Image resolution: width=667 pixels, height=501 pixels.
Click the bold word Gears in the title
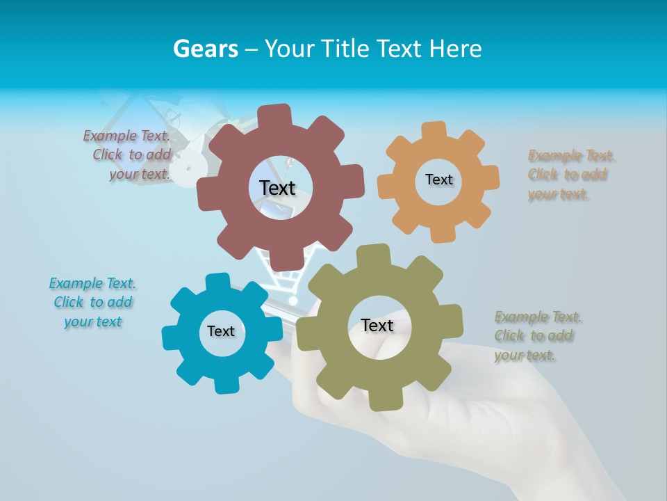(205, 49)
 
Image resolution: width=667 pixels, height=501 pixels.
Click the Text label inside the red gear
(277, 188)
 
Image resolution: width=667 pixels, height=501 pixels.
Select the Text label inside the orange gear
(438, 180)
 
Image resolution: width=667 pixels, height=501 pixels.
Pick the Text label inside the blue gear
(221, 331)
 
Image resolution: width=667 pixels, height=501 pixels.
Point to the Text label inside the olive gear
(377, 325)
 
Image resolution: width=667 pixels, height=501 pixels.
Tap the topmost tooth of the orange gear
(434, 130)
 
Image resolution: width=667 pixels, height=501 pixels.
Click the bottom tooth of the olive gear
(381, 401)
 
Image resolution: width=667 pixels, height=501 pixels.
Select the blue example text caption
(92, 302)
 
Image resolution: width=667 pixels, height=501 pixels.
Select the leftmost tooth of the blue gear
(171, 337)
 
